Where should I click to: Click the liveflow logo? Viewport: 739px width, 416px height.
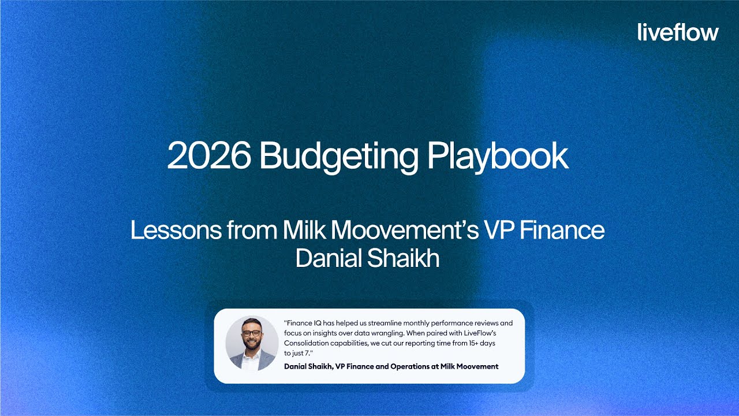click(x=678, y=32)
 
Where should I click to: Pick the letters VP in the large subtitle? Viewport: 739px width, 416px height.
click(x=501, y=231)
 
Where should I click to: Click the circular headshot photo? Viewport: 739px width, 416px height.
click(x=252, y=343)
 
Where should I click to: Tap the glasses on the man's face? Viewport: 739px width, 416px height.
click(x=251, y=333)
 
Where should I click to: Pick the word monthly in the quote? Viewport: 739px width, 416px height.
click(x=425, y=324)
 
